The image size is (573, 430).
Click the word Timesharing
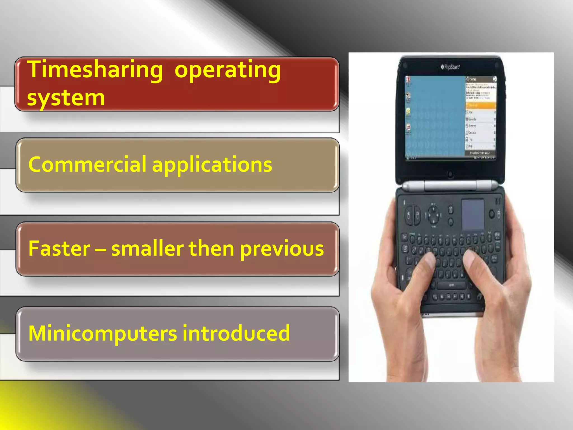coord(95,70)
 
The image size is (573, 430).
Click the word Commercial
coord(87,164)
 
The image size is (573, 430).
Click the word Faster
coord(59,248)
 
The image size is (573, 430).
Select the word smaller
coord(147,248)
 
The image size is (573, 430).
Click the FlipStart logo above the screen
coord(450,67)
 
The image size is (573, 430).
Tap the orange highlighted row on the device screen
coord(480,105)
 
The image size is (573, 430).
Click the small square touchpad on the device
coord(473,214)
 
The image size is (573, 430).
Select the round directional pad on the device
coord(433,215)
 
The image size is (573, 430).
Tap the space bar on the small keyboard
coord(451,285)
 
